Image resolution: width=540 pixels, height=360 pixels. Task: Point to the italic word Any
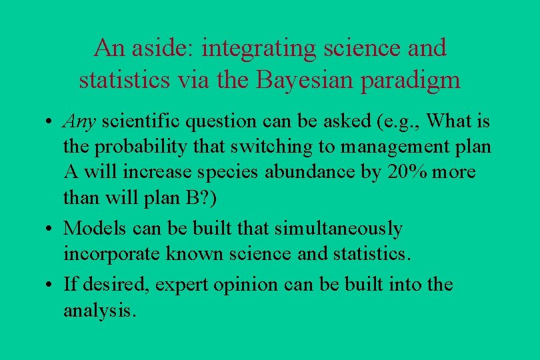click(x=80, y=122)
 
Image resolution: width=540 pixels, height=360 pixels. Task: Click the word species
click(x=225, y=172)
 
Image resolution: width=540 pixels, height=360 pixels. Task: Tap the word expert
click(x=183, y=285)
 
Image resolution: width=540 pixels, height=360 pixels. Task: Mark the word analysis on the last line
click(x=100, y=311)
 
